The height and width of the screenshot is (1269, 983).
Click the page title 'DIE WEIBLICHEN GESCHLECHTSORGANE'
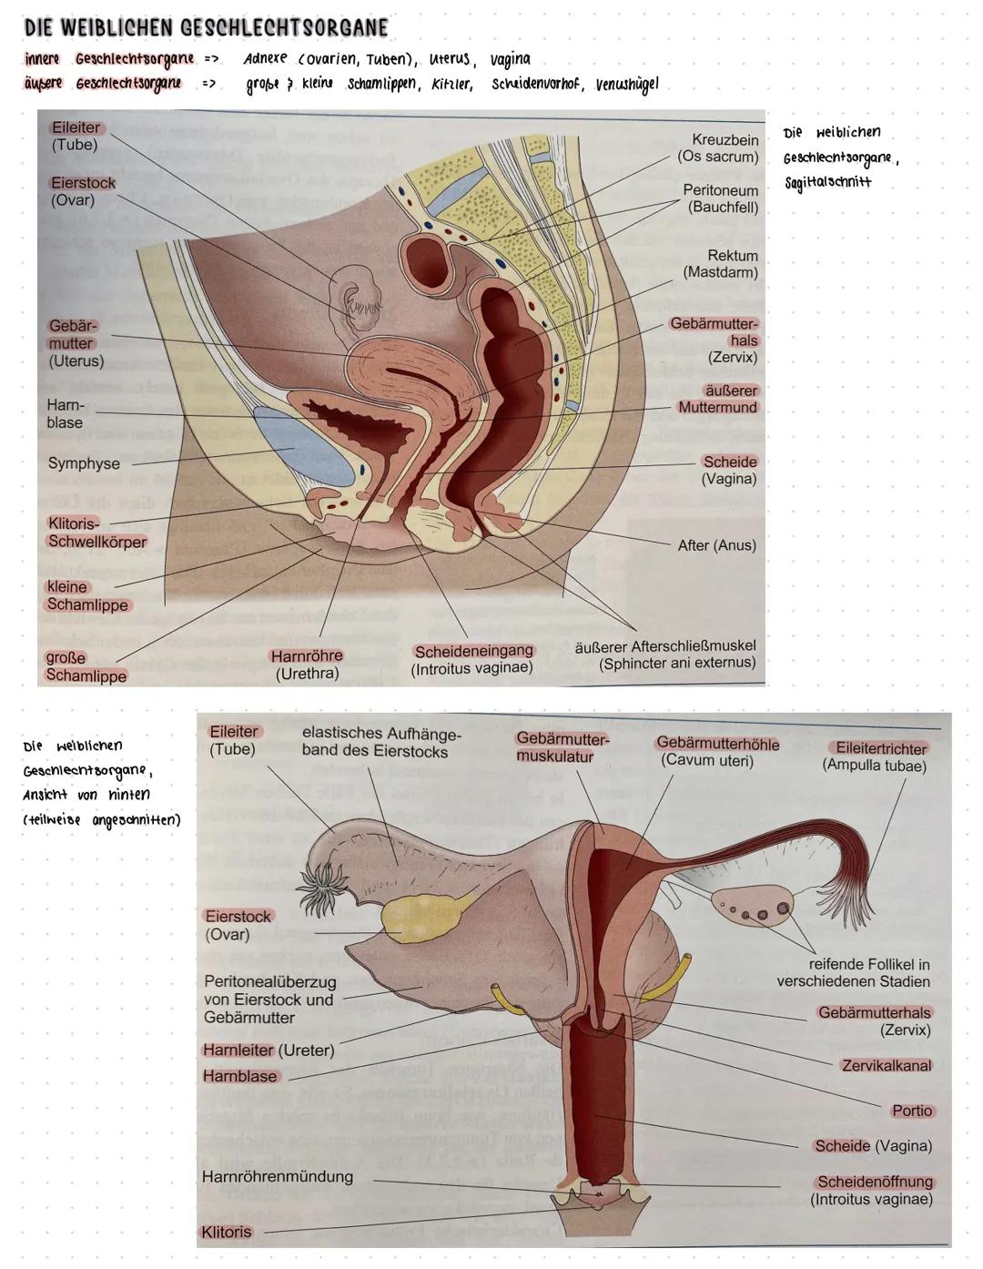207,27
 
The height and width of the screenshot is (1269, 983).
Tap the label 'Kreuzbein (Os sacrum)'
718,148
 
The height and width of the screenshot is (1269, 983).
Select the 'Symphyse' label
84,463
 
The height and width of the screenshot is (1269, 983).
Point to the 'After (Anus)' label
716,545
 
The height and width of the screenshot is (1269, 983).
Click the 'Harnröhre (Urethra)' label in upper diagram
307,665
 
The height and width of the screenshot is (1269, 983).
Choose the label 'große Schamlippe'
86,666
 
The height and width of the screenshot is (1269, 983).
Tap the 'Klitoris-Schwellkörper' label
96,533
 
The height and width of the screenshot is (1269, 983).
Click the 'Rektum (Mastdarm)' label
721,264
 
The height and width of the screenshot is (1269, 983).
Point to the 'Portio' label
912,1111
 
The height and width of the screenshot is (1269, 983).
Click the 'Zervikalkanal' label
886,1065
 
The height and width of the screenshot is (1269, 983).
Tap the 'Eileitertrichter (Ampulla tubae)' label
875,756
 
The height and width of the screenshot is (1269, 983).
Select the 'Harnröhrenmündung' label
277,1176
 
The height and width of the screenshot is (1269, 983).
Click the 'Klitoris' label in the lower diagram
226,1232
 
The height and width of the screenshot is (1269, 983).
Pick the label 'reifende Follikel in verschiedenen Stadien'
854,972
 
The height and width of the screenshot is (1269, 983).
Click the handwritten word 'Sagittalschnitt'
828,182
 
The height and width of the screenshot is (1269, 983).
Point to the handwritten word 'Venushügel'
626,85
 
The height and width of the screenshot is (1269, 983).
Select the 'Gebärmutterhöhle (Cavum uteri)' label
718,751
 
